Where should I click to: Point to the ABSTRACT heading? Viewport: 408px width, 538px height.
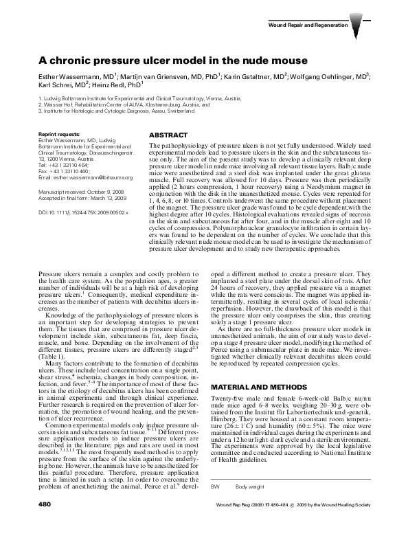(168, 135)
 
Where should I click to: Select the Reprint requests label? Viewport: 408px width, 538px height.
(60, 133)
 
